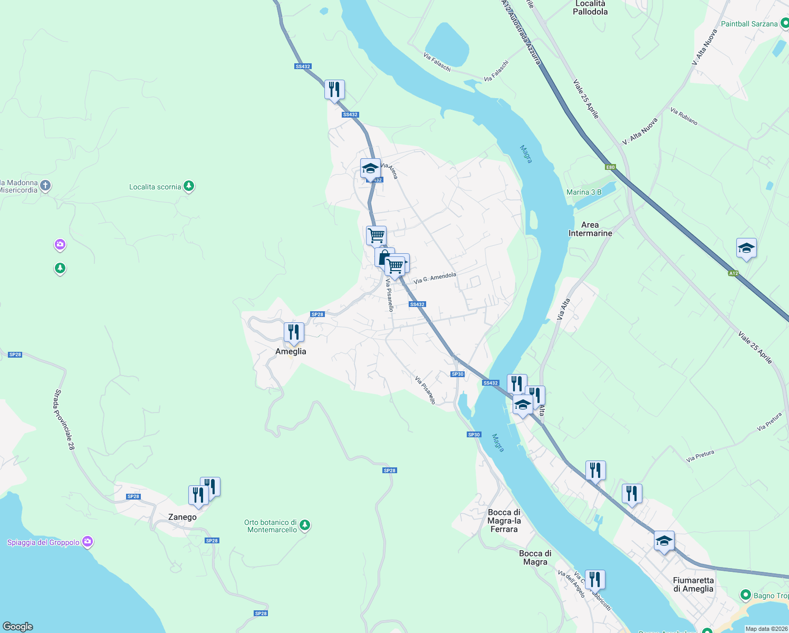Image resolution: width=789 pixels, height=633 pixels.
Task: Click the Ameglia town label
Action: pyautogui.click(x=291, y=351)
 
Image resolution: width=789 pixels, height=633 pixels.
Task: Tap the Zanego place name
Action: pyautogui.click(x=182, y=517)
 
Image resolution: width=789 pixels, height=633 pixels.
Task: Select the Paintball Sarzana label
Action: pyautogui.click(x=749, y=24)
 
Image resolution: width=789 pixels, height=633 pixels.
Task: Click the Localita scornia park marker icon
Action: pyautogui.click(x=189, y=186)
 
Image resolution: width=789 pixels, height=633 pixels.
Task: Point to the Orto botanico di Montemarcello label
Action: pyautogui.click(x=271, y=526)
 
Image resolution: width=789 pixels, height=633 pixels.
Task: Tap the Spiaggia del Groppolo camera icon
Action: pyautogui.click(x=88, y=542)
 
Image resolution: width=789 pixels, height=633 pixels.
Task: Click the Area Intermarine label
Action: pyautogui.click(x=590, y=229)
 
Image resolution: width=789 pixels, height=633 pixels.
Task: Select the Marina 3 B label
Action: pyautogui.click(x=584, y=192)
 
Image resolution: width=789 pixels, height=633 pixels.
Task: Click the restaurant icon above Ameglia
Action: pyautogui.click(x=294, y=332)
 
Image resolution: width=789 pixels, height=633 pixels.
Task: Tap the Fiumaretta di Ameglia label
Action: pyautogui.click(x=693, y=584)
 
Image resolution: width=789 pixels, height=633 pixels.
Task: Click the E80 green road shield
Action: pyautogui.click(x=610, y=167)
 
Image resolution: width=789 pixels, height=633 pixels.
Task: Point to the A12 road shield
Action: pyautogui.click(x=733, y=273)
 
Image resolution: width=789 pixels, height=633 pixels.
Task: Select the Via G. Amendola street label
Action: pyautogui.click(x=435, y=278)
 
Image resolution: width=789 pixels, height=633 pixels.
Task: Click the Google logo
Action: pyautogui.click(x=18, y=626)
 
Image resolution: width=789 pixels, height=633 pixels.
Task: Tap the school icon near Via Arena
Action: pyautogui.click(x=370, y=169)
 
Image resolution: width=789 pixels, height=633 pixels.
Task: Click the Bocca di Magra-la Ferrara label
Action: pyautogui.click(x=504, y=521)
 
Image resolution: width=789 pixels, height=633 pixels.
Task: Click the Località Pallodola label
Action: pyautogui.click(x=590, y=7)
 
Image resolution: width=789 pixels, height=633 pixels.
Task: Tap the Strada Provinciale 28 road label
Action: pyautogui.click(x=64, y=420)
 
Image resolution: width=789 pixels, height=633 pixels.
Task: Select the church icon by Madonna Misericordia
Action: pyautogui.click(x=46, y=185)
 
